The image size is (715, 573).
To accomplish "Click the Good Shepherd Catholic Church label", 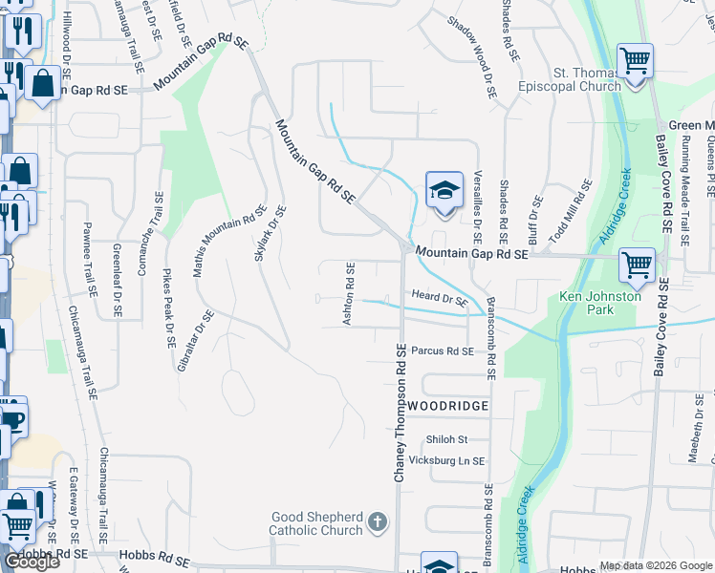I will (316, 523).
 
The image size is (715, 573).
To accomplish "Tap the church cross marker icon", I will (378, 522).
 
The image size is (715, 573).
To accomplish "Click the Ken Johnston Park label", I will (600, 303).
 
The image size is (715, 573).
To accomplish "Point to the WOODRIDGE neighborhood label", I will (447, 406).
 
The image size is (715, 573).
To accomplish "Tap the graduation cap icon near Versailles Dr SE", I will (444, 191).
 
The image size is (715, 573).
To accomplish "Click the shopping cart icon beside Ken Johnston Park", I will (637, 265).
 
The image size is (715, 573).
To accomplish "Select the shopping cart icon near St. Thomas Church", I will (634, 62).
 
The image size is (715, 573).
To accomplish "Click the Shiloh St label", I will (446, 439).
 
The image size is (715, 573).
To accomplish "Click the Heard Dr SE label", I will (439, 299).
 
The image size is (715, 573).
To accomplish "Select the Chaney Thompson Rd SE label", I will (401, 413).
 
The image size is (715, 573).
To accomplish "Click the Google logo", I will (32, 562).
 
